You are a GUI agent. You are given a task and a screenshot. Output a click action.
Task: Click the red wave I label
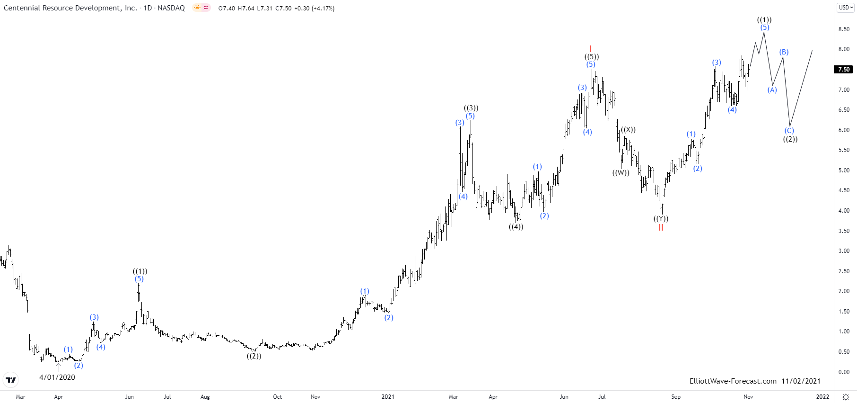[x=591, y=49]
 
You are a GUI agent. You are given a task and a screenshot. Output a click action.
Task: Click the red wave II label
[x=661, y=227]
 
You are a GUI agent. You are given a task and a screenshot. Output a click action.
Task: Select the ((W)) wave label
[x=621, y=173]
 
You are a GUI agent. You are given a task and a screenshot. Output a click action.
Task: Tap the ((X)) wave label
[x=628, y=130]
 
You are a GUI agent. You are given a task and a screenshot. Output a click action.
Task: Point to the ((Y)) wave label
[x=661, y=219]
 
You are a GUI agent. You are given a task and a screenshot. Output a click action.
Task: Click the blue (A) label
[x=772, y=90]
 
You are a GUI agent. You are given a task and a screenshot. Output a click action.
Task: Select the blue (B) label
[x=784, y=52]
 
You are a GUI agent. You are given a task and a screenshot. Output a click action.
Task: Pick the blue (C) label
[x=789, y=131]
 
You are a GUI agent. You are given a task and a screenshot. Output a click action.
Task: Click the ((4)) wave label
[x=516, y=227]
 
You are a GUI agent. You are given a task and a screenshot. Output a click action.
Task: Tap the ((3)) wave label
[x=471, y=108]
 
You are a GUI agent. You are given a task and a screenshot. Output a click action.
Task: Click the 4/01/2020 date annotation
[x=57, y=377]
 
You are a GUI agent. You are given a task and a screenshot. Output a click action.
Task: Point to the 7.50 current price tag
[x=844, y=69]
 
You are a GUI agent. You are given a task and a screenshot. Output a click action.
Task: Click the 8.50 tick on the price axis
[x=844, y=29]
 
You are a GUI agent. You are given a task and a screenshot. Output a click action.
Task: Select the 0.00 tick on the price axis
[x=844, y=372]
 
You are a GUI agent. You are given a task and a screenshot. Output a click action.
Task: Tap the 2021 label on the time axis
[x=388, y=397]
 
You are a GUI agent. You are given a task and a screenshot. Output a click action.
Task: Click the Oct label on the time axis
[x=278, y=397]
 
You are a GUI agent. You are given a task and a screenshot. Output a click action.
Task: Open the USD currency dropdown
[x=846, y=8]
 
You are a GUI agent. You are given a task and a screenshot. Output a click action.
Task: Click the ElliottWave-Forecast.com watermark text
[x=733, y=381]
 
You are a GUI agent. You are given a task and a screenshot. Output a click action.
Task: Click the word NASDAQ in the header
[x=171, y=8]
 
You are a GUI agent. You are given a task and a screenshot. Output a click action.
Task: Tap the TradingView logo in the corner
[x=10, y=380]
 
